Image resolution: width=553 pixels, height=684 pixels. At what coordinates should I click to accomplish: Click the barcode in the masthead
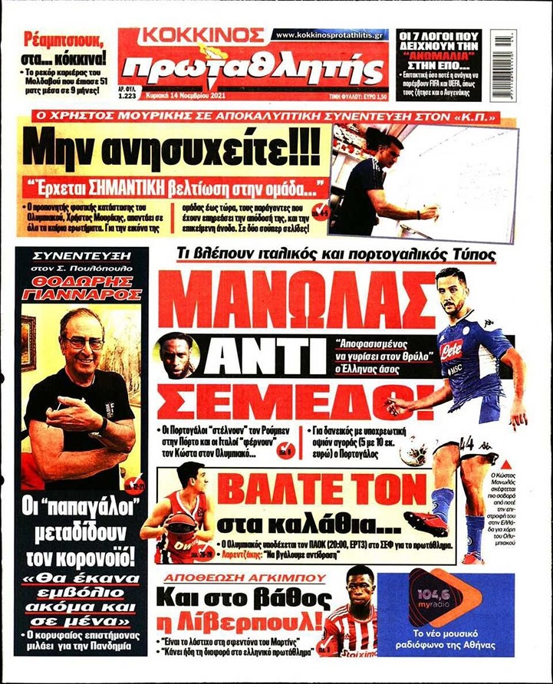click(503, 53)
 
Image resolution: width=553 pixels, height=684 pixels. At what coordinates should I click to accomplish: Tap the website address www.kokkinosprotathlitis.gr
click(331, 35)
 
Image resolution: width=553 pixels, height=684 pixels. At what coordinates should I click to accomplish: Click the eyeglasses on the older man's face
click(84, 343)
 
